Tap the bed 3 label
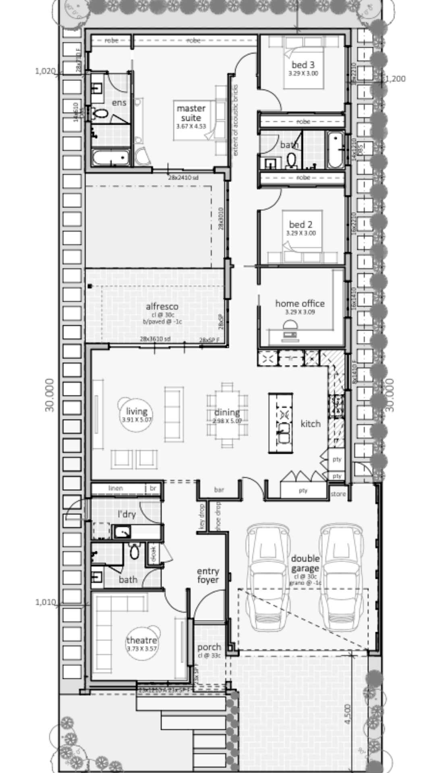pos(303,65)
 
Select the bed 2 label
pos(300,225)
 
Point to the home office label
pos(300,304)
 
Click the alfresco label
pos(162,307)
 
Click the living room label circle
pos(137,414)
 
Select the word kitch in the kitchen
pos(311,424)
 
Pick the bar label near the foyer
pos(219,490)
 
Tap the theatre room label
pos(142,641)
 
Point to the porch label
pos(209,647)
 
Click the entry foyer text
pos(208,576)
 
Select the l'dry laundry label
pos(126,515)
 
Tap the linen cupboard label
pos(116,488)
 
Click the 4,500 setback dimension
pos(348,714)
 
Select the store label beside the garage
pos(338,494)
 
